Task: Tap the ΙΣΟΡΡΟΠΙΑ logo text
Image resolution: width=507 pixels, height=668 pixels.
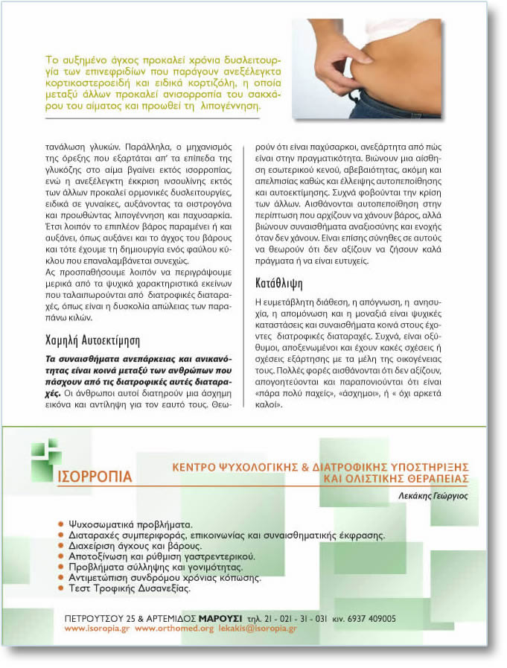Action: click(x=95, y=476)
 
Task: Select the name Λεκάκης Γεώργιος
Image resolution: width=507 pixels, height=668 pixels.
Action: click(x=431, y=495)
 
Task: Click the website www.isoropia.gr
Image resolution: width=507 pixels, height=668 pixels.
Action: click(x=98, y=629)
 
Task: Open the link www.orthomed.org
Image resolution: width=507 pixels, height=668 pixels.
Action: click(x=174, y=629)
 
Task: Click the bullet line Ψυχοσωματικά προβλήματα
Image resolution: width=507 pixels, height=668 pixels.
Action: click(x=130, y=524)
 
